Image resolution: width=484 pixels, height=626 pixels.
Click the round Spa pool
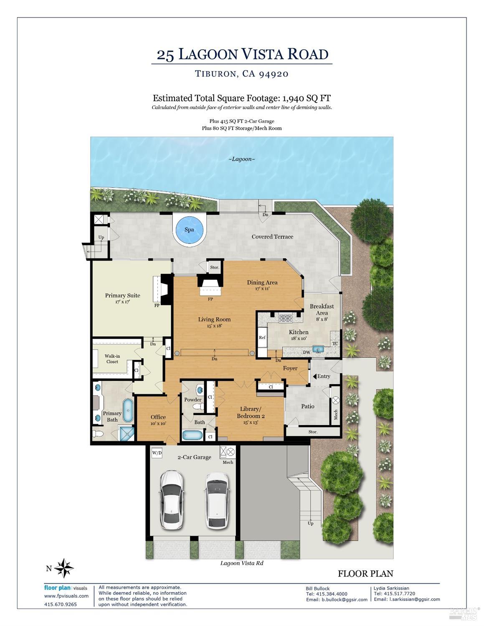tap(189, 230)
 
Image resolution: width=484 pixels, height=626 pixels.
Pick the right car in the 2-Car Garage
tap(217, 499)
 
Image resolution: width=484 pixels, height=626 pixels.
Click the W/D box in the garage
tap(157, 453)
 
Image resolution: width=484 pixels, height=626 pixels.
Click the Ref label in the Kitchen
tap(262, 337)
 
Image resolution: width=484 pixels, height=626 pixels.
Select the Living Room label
tap(214, 319)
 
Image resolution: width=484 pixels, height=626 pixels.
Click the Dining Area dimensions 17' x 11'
tap(262, 289)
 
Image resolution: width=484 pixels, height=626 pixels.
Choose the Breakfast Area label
tap(322, 309)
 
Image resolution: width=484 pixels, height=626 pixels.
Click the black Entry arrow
tap(314, 376)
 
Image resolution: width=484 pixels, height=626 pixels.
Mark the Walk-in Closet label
tap(112, 359)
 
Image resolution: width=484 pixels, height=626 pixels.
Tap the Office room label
tap(158, 417)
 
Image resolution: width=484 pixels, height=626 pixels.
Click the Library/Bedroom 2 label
tap(251, 412)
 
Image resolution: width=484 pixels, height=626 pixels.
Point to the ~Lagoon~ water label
tap(241, 159)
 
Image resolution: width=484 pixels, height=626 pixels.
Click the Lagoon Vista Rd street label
tap(242, 563)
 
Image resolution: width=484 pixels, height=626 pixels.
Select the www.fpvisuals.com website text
tap(66, 596)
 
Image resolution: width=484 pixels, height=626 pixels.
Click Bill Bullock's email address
tap(337, 600)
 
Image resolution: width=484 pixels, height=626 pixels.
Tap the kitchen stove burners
tap(286, 319)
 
